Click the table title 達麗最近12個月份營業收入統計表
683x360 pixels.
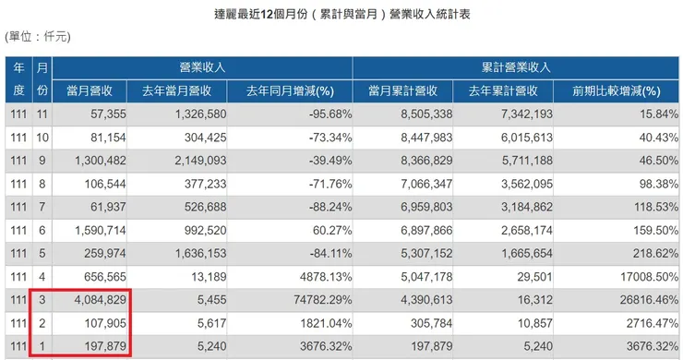tap(341, 15)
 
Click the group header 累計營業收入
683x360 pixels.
tap(516, 67)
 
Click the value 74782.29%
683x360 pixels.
tap(308, 300)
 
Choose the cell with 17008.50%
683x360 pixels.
tap(640, 276)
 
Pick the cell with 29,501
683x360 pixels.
tap(533, 276)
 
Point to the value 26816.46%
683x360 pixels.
tap(640, 300)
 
